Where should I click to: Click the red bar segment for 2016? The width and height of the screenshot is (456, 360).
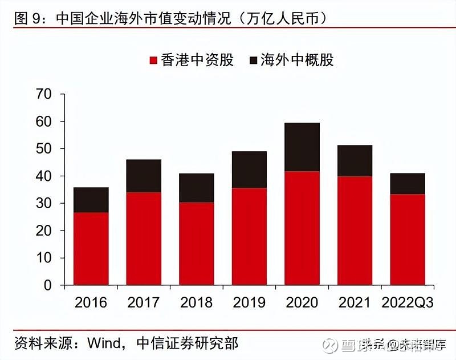[91, 249]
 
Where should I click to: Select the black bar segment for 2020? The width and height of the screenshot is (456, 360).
[302, 147]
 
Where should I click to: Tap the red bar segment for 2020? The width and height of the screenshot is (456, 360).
[302, 228]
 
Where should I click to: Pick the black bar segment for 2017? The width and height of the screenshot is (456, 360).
[144, 176]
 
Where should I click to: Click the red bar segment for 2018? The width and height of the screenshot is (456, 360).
[197, 244]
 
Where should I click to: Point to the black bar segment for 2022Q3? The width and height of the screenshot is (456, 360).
[408, 184]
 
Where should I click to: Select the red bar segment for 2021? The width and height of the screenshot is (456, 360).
[355, 230]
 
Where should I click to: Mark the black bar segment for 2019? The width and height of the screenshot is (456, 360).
[249, 169]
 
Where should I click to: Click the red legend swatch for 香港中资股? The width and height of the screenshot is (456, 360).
[153, 60]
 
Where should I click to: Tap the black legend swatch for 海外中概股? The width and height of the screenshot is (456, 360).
[253, 60]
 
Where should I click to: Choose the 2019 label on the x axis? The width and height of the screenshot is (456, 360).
[249, 302]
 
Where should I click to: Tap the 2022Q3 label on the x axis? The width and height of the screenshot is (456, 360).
[408, 302]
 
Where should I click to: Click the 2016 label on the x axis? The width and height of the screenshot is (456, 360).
[91, 302]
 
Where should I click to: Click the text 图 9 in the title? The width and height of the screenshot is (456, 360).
[26, 18]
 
